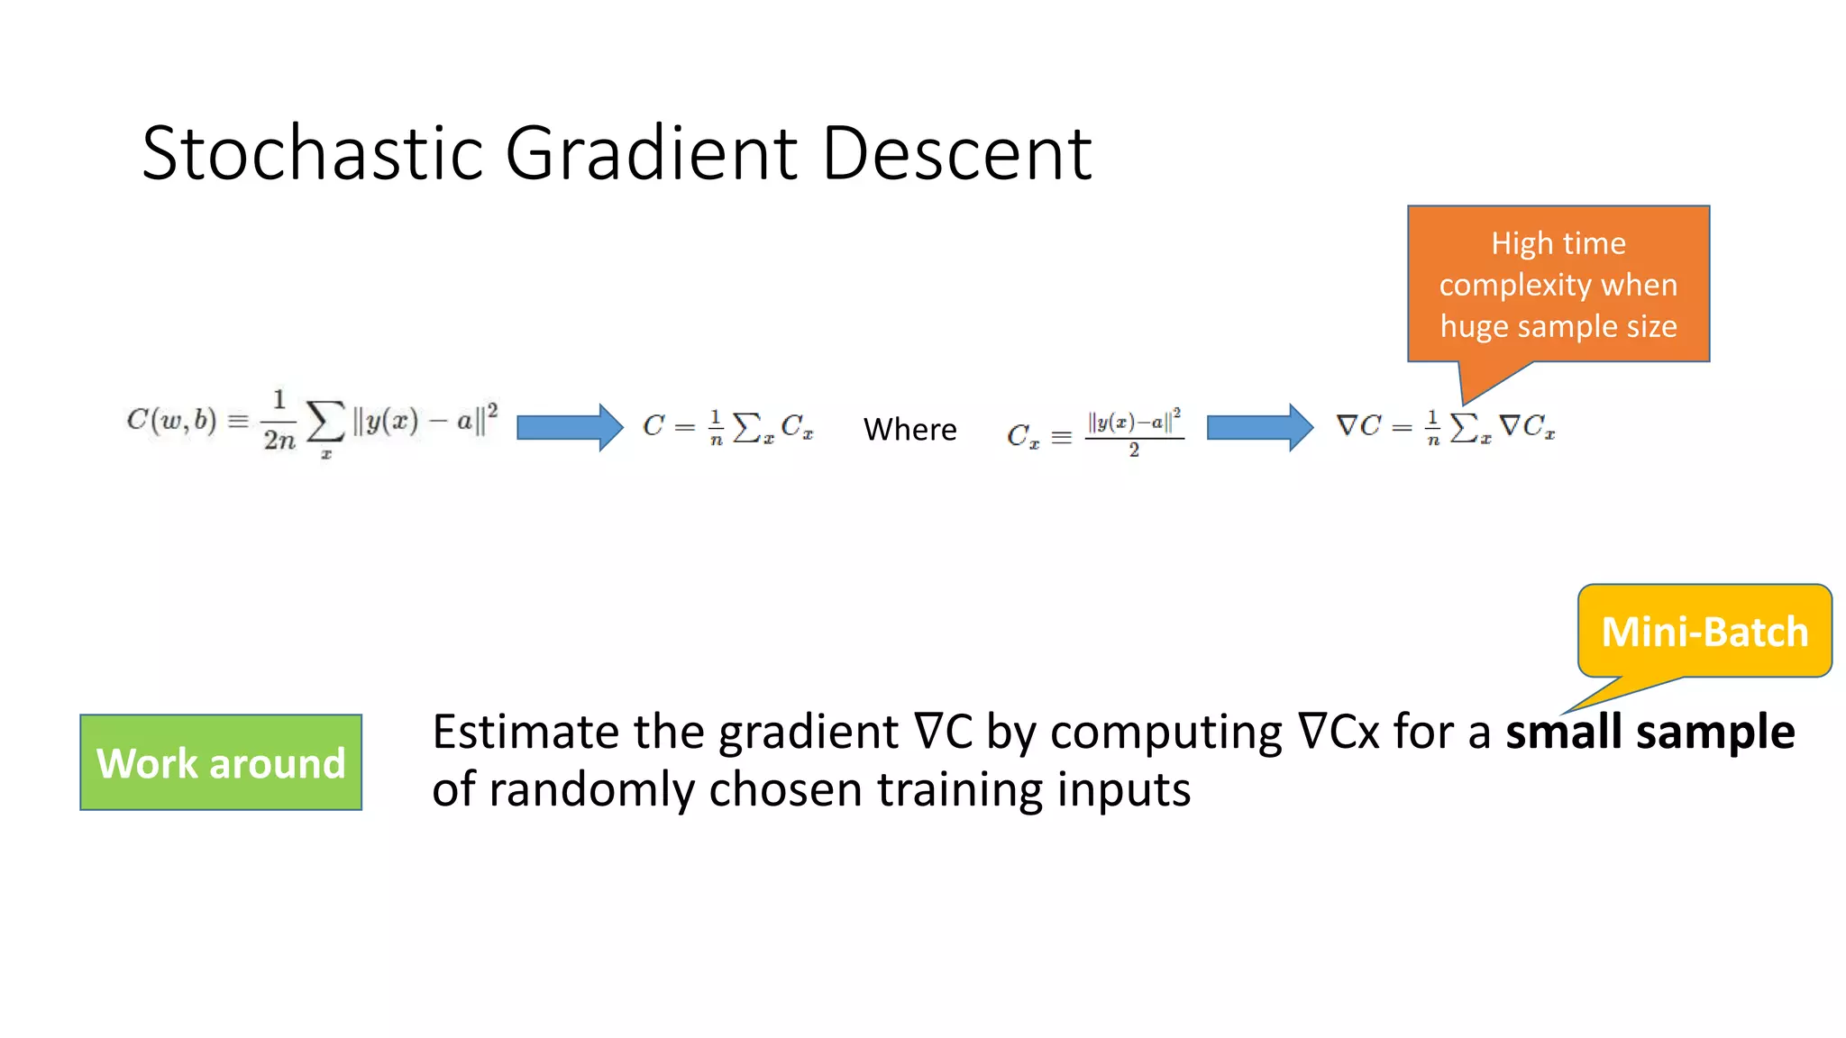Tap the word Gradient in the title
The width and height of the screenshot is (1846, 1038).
pyautogui.click(x=651, y=153)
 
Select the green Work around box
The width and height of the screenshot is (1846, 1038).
pyautogui.click(x=221, y=762)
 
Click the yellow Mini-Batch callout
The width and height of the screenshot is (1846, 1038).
pyautogui.click(x=1704, y=631)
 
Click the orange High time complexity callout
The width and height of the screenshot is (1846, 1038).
pyautogui.click(x=1558, y=284)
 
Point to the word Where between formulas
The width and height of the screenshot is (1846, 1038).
pyautogui.click(x=909, y=429)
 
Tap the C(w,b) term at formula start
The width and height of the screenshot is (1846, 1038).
pyautogui.click(x=171, y=420)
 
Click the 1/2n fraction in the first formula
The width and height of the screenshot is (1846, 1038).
pyautogui.click(x=279, y=420)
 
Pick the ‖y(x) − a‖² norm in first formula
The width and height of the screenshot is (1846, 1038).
pyautogui.click(x=425, y=420)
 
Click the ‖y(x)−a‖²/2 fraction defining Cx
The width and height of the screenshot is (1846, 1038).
pyautogui.click(x=1134, y=432)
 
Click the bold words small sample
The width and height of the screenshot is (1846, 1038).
pyautogui.click(x=1650, y=732)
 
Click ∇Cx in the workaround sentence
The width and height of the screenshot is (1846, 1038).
pyautogui.click(x=1339, y=732)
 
